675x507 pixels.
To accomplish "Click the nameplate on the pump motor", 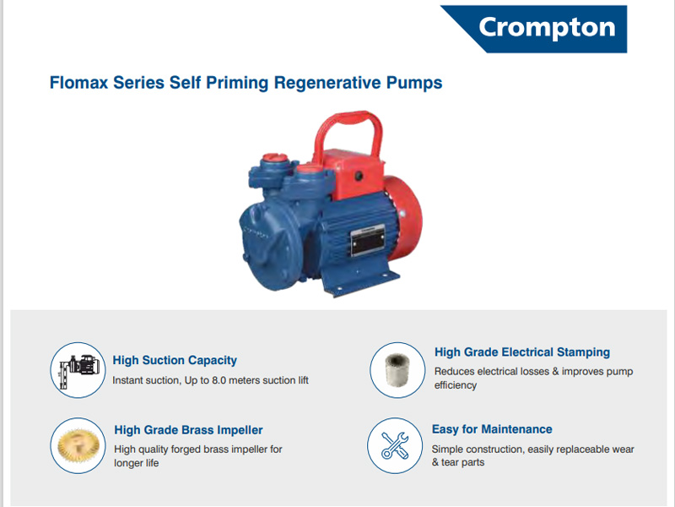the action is [x=368, y=240].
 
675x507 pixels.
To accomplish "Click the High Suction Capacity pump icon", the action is [x=78, y=370].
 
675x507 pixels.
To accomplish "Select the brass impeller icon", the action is [x=78, y=445].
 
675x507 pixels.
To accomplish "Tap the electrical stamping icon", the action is [x=397, y=370].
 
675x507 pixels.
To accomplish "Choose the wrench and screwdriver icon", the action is [x=395, y=445].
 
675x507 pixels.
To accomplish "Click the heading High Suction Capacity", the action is [x=175, y=360].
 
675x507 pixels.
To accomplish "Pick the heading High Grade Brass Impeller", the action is [x=188, y=430].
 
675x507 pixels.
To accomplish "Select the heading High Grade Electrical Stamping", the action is [x=522, y=352].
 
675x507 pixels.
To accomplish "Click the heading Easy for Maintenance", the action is [x=492, y=429].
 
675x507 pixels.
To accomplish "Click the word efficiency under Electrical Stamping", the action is [x=456, y=385].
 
